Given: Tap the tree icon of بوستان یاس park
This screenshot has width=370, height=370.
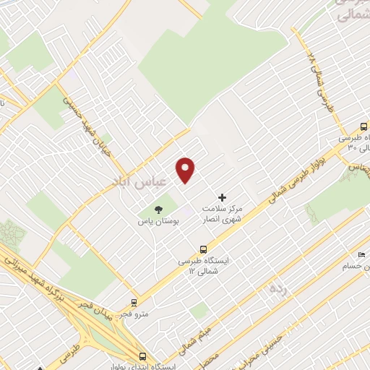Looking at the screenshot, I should (x=159, y=210).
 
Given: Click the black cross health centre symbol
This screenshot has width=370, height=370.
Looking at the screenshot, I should (x=222, y=197).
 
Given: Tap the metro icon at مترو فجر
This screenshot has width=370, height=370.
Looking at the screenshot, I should (x=134, y=303).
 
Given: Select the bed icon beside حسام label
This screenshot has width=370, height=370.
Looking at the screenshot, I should (x=361, y=255).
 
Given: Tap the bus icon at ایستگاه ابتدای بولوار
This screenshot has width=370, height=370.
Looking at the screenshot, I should (x=143, y=357).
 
